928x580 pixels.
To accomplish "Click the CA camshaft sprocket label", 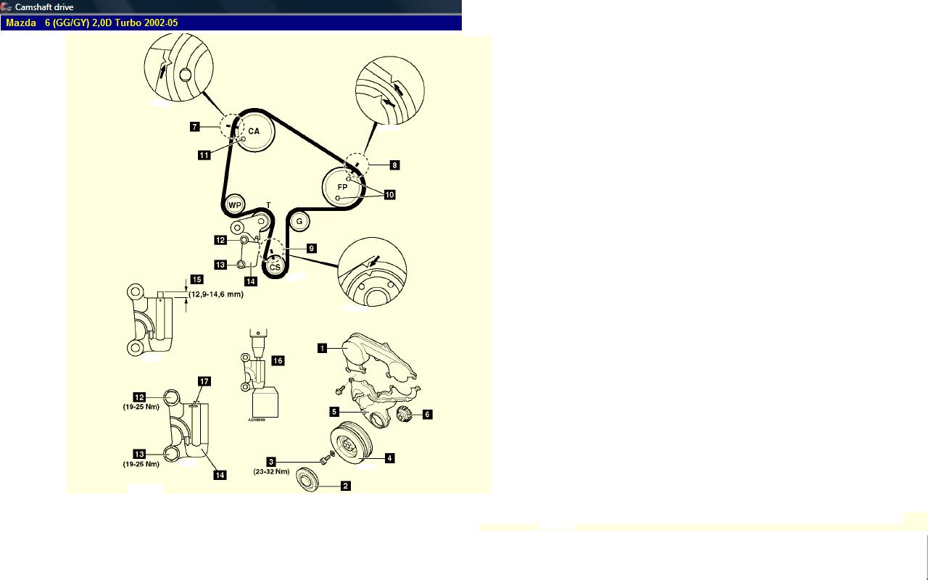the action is point(254,131).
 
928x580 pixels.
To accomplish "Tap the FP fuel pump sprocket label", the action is point(342,187).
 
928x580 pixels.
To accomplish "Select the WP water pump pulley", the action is point(235,204).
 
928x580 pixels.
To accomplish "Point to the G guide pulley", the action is point(299,222).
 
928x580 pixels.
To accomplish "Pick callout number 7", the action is point(195,126).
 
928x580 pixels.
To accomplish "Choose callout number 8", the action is point(394,165).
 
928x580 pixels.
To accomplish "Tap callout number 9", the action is point(312,249).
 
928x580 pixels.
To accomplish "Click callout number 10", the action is point(389,195).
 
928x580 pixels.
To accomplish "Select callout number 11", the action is point(204,155).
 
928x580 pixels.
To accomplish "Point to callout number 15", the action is point(196,280).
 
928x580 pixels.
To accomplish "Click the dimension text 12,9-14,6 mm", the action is point(216,294).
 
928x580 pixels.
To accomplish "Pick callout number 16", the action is point(278,361).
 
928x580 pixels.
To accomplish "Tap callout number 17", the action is point(204,381).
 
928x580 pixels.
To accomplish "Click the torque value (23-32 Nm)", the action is point(271,471).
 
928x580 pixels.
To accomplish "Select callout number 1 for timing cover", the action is point(323,348).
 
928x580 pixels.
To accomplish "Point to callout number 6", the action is point(427,414).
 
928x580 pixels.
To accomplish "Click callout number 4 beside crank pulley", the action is point(389,458).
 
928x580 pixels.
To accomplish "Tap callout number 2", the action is point(346,486).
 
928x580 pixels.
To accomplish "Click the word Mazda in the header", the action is point(21,22).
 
